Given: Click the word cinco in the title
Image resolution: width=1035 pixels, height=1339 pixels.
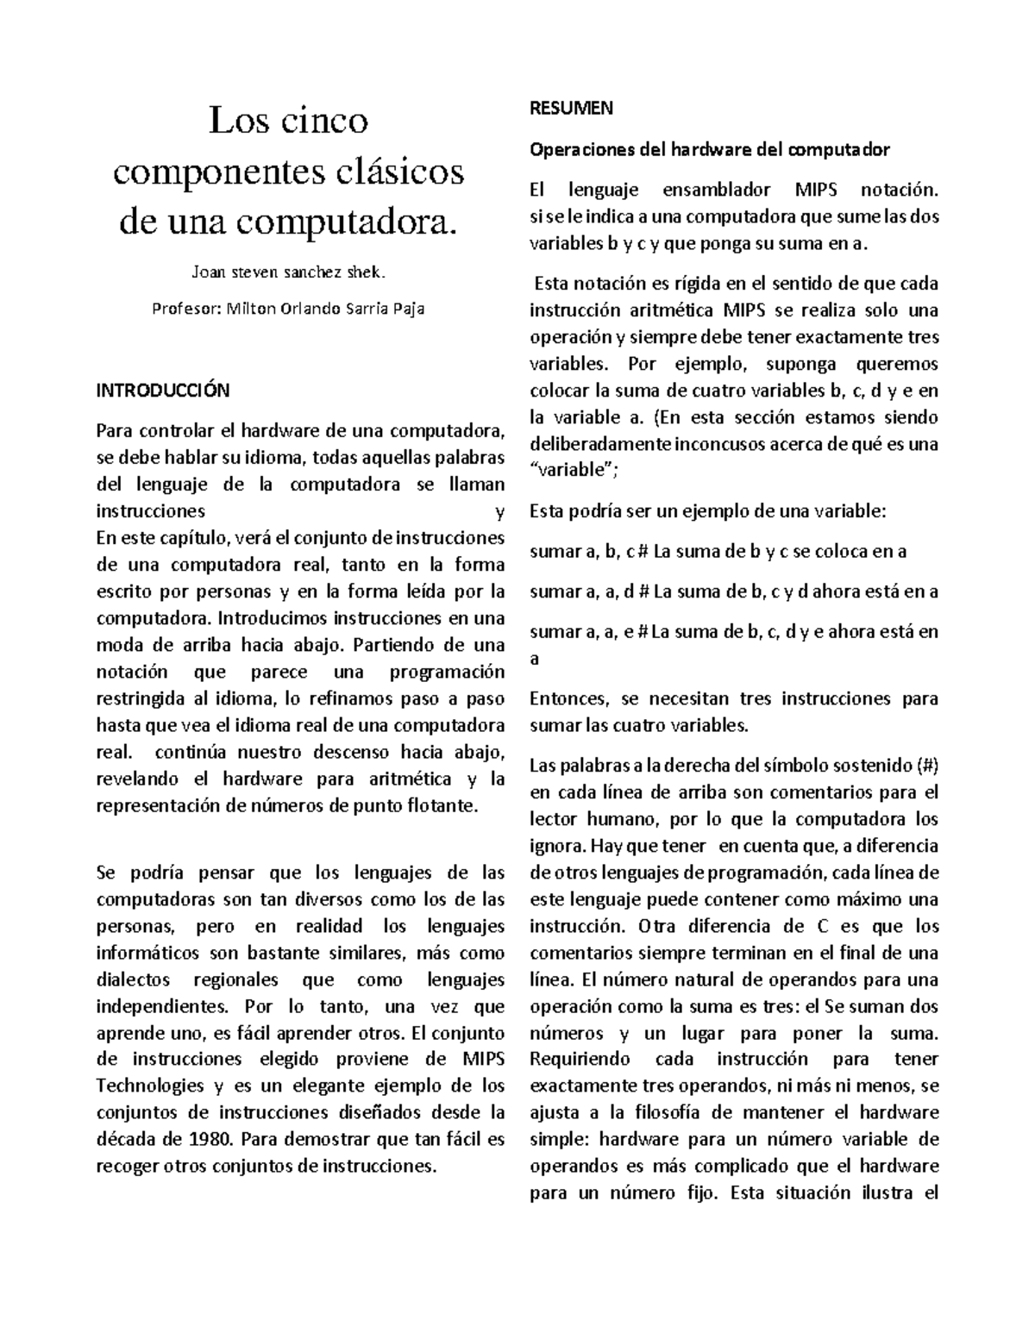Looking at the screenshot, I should pos(324,120).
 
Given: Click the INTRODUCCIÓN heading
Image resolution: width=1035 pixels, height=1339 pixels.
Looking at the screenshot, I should pos(162,390).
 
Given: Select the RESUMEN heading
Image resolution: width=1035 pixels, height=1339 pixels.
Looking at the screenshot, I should pos(570,108).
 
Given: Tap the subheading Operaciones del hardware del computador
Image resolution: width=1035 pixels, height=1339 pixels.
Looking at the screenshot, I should pos(709,149).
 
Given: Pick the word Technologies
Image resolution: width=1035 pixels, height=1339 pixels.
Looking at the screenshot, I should pos(147,1086).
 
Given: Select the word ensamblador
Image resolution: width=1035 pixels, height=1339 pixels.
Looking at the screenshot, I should pos(712,190).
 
